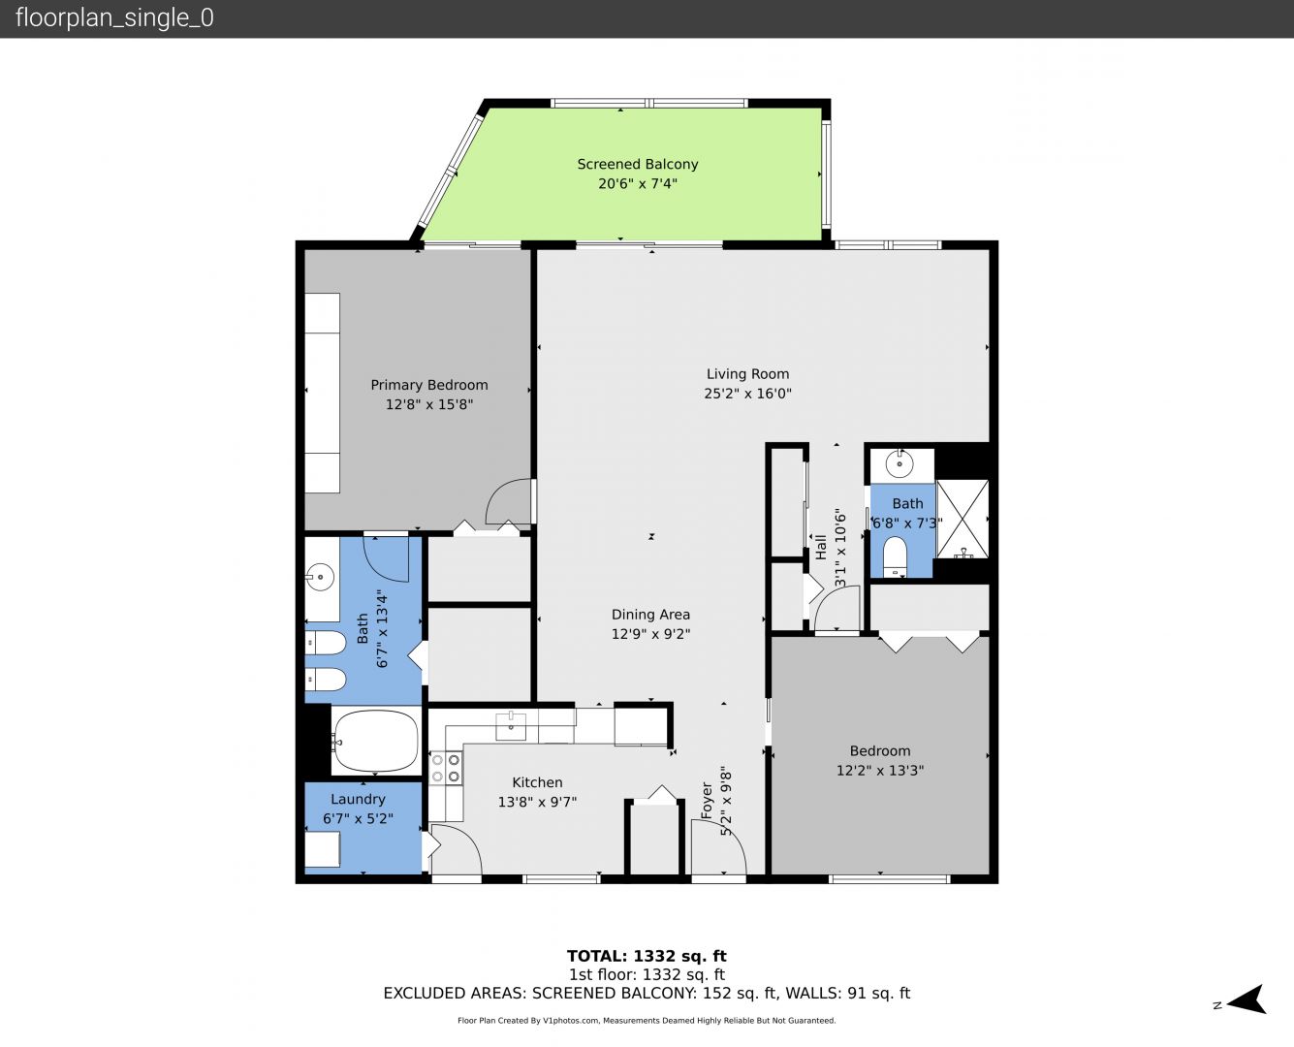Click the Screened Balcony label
637,164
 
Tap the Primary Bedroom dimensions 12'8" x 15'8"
428,404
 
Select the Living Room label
747,374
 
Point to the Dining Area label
650,615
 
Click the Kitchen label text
537,782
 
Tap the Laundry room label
358,800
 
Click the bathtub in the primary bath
376,741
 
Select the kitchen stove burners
445,768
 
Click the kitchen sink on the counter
511,726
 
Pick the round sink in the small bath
899,465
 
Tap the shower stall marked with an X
963,519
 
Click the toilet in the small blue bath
895,556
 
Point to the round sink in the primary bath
320,577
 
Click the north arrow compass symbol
1245,999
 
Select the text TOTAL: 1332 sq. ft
647,956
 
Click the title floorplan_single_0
114,18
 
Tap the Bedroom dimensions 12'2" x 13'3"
880,771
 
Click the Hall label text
821,547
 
